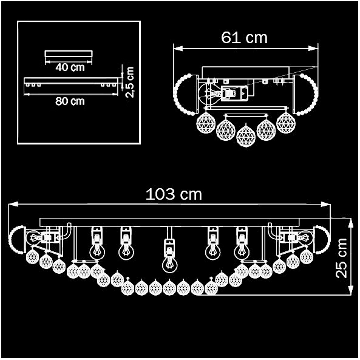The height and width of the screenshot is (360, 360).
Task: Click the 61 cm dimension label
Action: coord(244,38)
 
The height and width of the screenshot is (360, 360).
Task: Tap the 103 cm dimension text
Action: coord(174,194)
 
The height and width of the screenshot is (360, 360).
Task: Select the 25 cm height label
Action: coord(341,258)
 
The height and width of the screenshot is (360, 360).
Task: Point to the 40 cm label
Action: coord(70,67)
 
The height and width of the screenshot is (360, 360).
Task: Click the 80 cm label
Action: coord(70,101)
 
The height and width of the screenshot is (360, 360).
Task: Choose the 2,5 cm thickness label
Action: coord(129,82)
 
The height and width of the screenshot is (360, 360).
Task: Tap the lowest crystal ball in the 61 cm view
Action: coord(246,136)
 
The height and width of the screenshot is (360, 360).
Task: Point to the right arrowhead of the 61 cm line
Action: coord(313,49)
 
